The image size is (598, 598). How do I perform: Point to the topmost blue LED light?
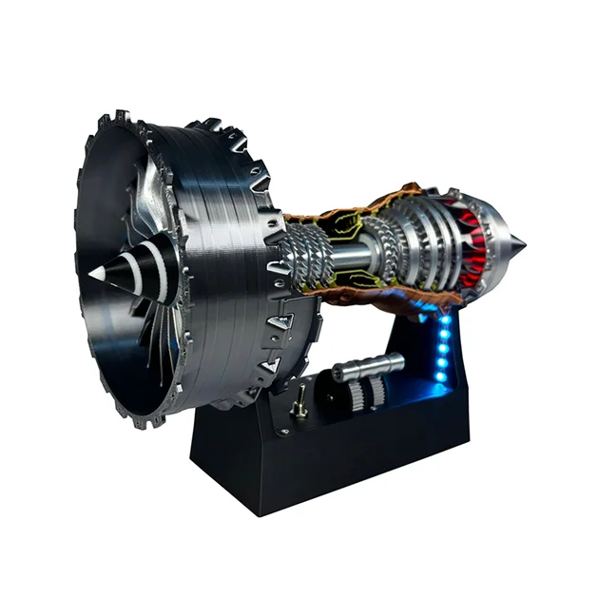click(x=445, y=319)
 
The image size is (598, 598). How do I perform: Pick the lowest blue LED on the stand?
click(x=439, y=377)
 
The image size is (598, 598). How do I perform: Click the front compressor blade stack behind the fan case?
click(x=310, y=255)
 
